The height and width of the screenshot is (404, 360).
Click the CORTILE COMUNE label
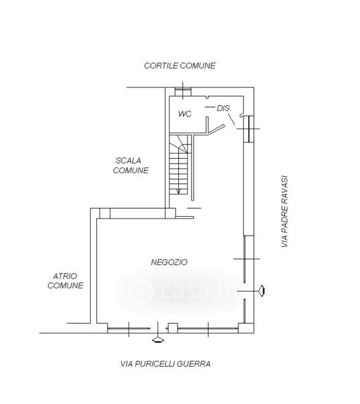coord(180,66)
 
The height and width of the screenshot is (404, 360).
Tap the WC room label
coord(185,114)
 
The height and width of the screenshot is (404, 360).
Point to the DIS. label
coord(224,108)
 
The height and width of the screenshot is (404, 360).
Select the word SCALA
coord(129,161)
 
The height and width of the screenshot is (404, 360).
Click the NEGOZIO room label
coord(169,263)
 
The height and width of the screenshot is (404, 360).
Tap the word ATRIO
coord(65,276)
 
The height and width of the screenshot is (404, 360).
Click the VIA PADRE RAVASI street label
coord(284,211)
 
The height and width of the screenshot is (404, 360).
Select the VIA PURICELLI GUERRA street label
coord(166,364)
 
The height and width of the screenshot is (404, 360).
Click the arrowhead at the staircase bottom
coord(178,191)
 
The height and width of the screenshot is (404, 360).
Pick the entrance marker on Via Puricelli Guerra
coord(158,340)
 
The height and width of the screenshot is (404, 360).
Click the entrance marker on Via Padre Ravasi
coord(262,291)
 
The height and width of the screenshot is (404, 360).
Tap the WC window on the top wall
coord(183,92)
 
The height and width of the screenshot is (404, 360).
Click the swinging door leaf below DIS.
coord(216,129)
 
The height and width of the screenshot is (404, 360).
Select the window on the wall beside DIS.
coord(249,129)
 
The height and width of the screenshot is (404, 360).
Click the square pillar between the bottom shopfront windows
coord(173,328)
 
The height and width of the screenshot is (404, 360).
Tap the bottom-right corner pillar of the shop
coord(246,328)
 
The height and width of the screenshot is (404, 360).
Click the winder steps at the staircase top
coord(180,144)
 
